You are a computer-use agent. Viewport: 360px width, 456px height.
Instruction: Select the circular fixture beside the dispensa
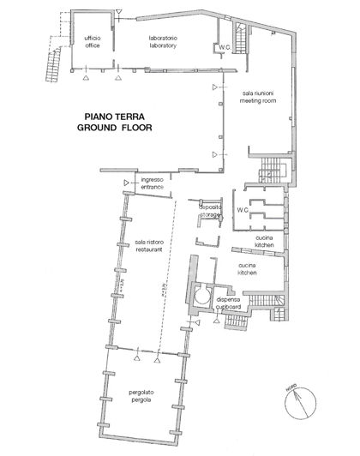[201, 296]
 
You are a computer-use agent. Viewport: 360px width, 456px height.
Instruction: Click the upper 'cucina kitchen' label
[264, 243]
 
